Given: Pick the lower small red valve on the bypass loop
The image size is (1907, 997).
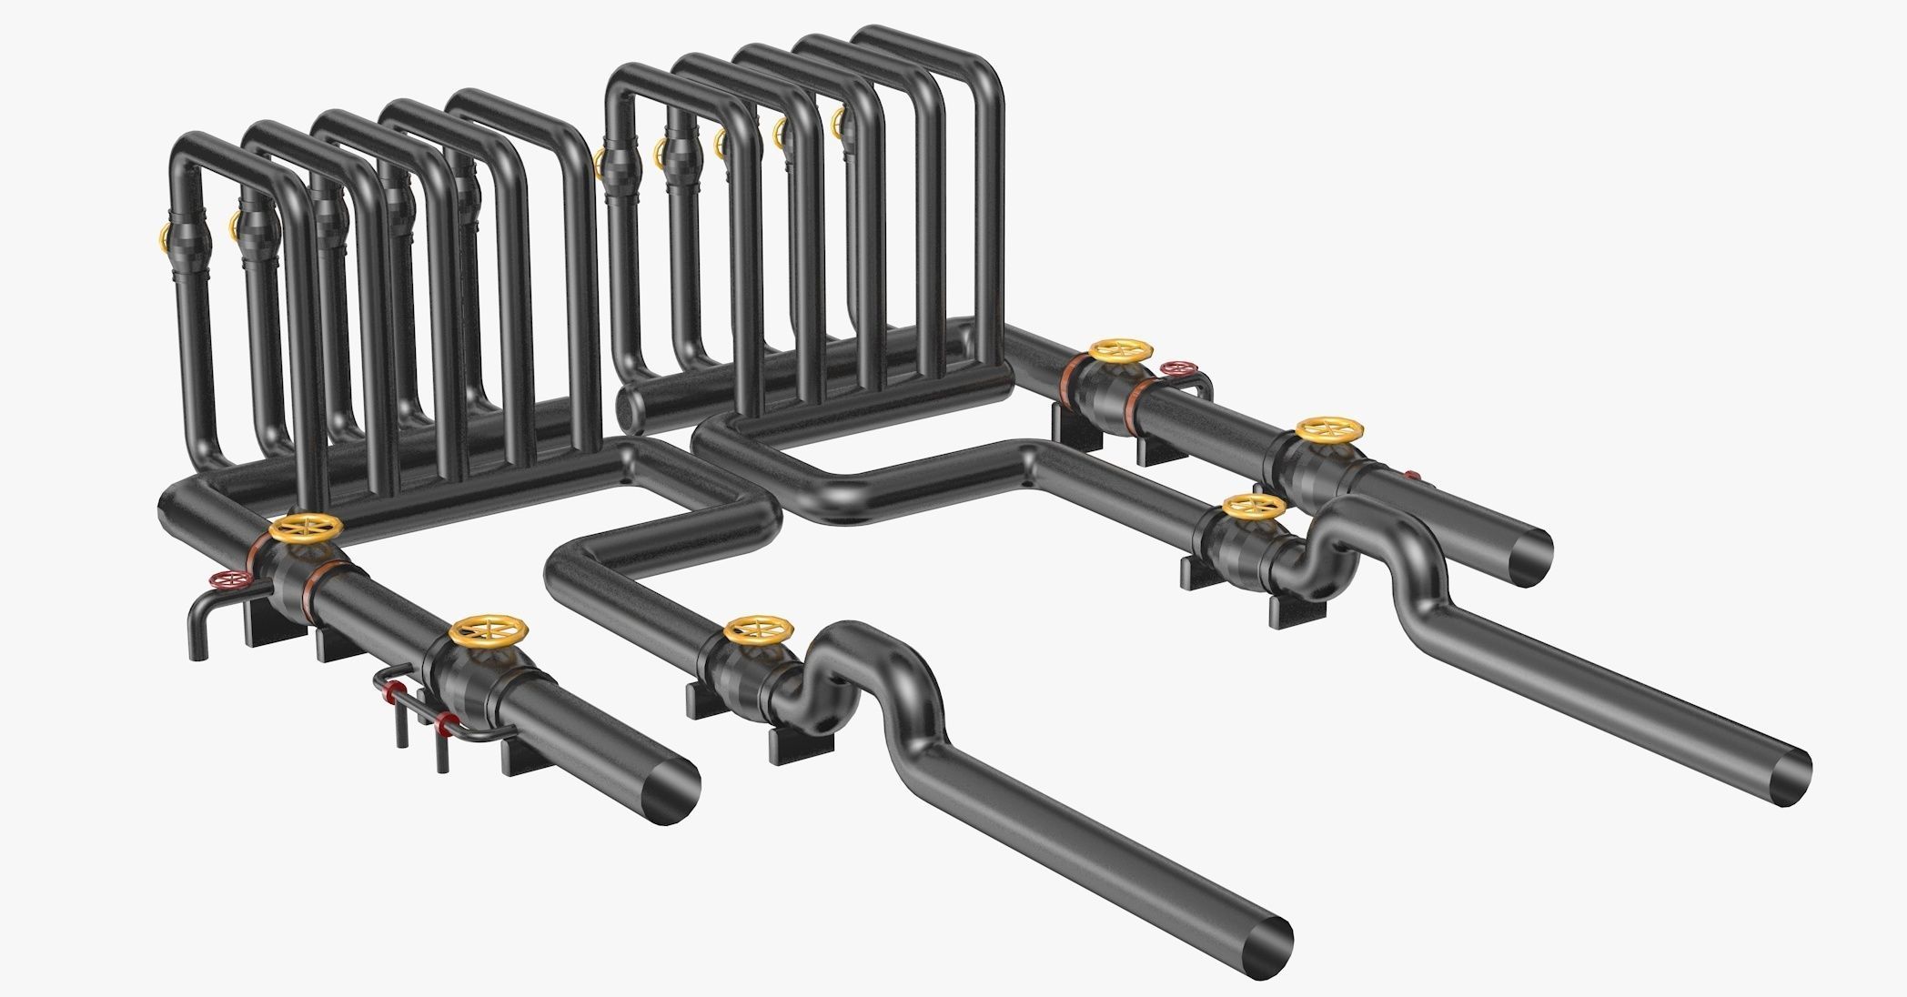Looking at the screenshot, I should point(445,724).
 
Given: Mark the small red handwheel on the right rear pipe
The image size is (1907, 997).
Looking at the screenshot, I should point(1177,368).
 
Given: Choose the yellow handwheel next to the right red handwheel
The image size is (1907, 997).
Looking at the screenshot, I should point(1122,350).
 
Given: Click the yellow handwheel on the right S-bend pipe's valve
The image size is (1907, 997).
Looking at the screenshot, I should point(1255,506).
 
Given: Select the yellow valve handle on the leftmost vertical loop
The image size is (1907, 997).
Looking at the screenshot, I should point(164,239).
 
